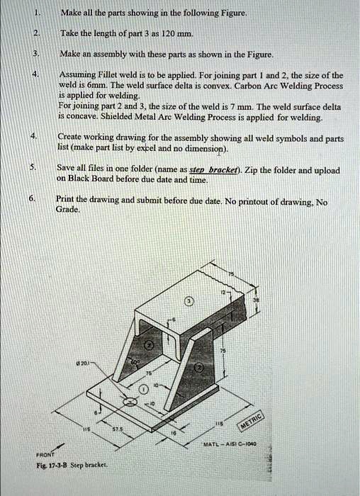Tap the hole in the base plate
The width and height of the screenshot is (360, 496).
pos(131,402)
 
